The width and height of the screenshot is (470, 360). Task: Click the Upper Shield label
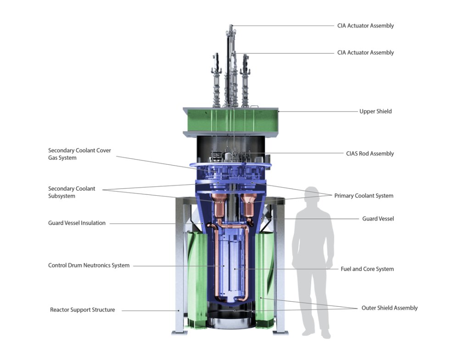(x=375, y=111)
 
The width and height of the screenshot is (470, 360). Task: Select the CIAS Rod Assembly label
(x=370, y=154)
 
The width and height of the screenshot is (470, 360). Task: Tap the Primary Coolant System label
(x=364, y=196)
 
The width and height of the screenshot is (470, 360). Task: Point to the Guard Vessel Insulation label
(x=77, y=223)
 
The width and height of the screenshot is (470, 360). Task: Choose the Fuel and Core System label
(x=367, y=269)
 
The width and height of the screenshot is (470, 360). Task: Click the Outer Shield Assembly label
(x=389, y=308)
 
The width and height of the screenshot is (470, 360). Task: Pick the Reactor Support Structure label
(x=83, y=310)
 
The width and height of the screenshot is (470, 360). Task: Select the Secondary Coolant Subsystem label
(x=72, y=192)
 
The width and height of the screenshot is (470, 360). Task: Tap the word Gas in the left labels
(x=53, y=158)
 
